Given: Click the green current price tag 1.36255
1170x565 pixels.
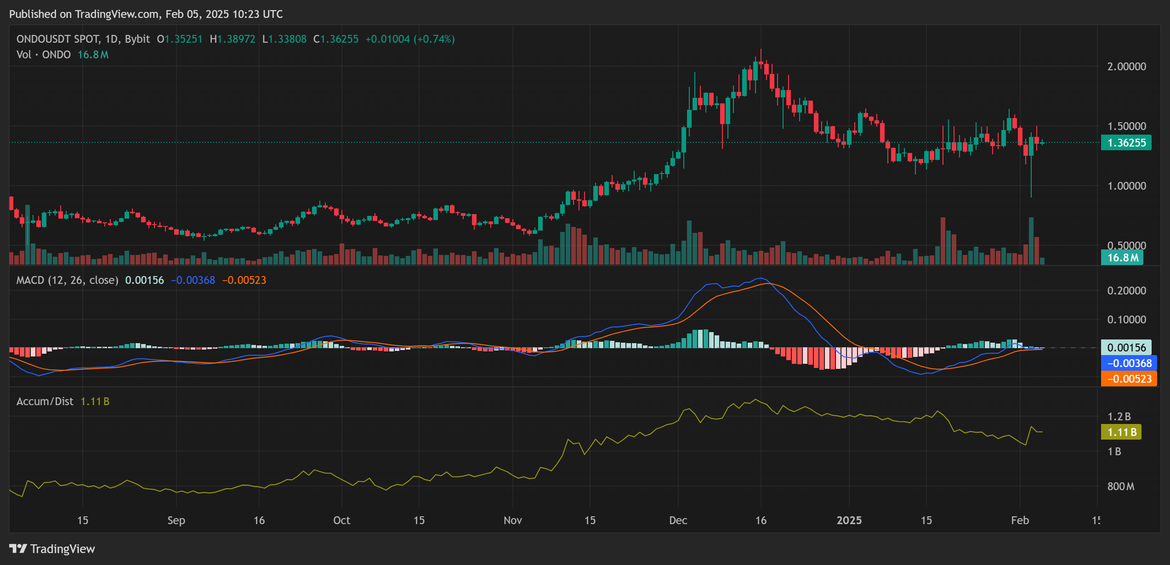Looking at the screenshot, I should point(1126,143).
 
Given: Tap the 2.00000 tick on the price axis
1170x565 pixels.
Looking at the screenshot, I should point(1126,67).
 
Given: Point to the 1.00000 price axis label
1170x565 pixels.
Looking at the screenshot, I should point(1126,186).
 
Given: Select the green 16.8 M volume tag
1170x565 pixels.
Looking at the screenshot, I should point(1122,258).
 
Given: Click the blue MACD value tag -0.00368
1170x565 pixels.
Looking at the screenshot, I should point(1129,363).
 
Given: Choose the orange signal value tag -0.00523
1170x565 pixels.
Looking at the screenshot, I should point(1129,379).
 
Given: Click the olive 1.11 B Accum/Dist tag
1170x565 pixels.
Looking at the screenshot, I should point(1121,432).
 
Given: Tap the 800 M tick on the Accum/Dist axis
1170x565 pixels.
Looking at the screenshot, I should point(1120,486).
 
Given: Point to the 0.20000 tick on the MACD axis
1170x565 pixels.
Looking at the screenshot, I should point(1126,291).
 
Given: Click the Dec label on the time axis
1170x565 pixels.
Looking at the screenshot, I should point(678,520).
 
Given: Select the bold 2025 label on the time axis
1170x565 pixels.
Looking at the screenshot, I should point(849,520).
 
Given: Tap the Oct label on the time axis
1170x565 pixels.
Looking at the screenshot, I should point(341,520).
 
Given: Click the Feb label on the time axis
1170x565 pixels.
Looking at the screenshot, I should point(1020,520).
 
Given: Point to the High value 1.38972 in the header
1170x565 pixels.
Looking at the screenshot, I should point(236,39).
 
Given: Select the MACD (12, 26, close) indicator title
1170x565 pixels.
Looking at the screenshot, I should point(67,280).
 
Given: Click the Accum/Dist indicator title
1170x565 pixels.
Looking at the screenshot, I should point(45,401).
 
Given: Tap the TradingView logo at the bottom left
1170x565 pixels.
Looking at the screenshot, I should point(52,549).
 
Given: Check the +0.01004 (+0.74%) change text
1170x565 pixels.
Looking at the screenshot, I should point(410,39).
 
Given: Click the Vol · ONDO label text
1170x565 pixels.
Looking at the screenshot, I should point(43,55).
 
